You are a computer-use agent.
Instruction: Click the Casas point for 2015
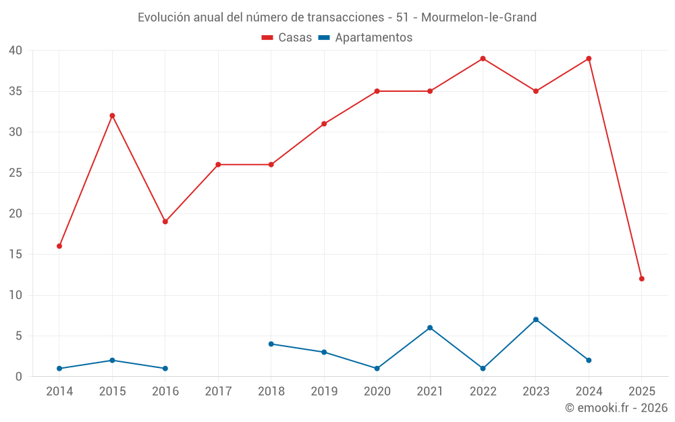[112, 115]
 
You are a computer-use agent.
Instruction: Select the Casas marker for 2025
[642, 279]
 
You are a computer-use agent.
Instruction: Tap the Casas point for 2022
[483, 59]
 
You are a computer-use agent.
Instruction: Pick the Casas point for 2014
[59, 246]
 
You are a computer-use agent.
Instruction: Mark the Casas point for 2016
[165, 221]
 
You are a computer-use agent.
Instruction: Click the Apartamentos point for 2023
[536, 319]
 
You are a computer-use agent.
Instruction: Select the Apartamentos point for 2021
[430, 327]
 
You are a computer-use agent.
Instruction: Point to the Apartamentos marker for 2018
[271, 344]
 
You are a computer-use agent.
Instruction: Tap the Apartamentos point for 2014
[59, 369]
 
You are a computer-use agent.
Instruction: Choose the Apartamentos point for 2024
[589, 360]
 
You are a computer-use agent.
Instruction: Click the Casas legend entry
[287, 38]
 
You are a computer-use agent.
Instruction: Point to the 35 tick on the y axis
[16, 91]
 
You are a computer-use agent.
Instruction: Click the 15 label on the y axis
[16, 255]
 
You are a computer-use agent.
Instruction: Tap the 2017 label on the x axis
[218, 391]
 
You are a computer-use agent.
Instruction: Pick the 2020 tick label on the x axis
[377, 391]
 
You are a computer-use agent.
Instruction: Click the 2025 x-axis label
[642, 391]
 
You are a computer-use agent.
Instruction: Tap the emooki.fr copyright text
[616, 408]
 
